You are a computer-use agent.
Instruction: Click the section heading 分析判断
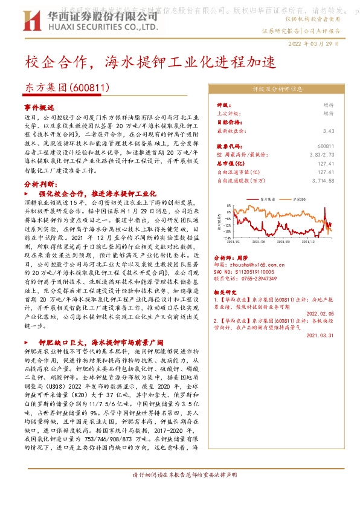click(x=40, y=182)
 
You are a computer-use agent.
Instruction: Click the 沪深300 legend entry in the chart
click(x=298, y=198)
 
